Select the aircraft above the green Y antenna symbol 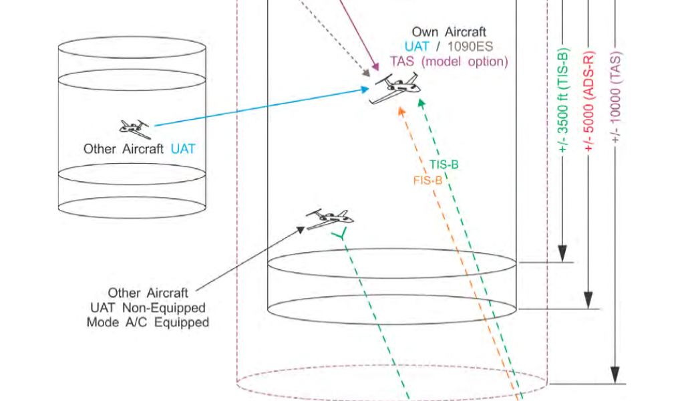click(x=329, y=217)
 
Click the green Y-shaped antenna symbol click(x=341, y=234)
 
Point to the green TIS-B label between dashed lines click(x=444, y=164)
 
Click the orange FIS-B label click(x=427, y=180)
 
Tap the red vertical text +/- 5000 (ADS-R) click(x=589, y=100)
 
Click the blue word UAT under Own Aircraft click(x=416, y=47)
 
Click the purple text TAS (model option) click(x=449, y=61)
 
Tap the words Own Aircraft click(x=448, y=32)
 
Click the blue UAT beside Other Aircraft click(x=183, y=149)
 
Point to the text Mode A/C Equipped click(x=148, y=322)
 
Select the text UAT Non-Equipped click(x=147, y=307)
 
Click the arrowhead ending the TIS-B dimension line click(x=562, y=254)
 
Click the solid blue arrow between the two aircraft click(x=261, y=106)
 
